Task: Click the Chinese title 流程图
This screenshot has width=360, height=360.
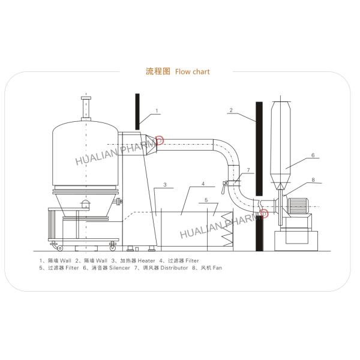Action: pos(158,71)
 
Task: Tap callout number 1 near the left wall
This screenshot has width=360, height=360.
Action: pos(157,111)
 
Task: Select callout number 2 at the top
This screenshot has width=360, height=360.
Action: pos(231,111)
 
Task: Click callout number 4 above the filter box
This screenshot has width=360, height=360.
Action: pos(203,184)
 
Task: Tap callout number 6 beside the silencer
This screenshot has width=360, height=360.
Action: pos(313,155)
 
